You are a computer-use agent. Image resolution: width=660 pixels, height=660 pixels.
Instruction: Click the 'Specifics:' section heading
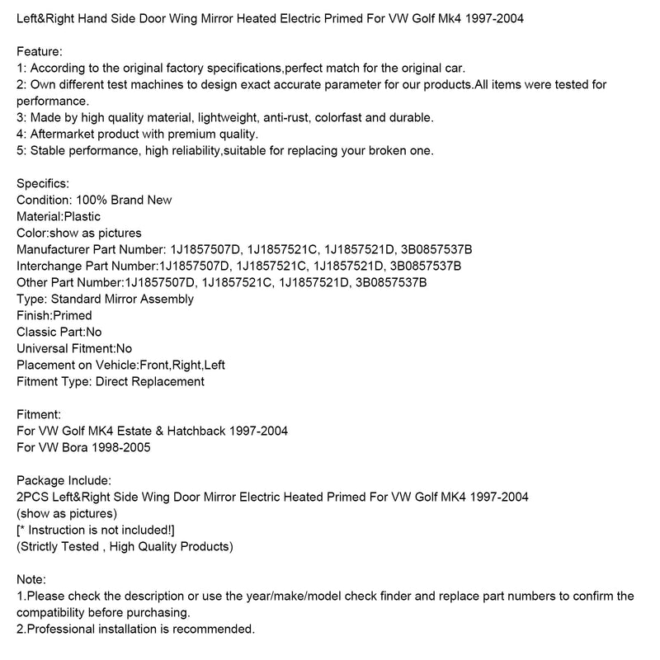point(43,183)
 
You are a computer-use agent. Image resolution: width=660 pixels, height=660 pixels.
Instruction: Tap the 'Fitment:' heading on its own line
point(39,414)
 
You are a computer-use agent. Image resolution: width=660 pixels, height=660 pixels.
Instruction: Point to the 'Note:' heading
point(31,579)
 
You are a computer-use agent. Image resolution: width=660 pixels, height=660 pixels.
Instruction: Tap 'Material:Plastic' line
point(59,216)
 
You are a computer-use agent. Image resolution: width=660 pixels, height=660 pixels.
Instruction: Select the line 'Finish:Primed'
point(54,315)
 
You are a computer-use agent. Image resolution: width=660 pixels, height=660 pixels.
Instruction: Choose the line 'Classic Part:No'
point(59,332)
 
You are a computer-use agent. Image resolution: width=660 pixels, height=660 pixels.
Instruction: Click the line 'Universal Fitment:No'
point(74,348)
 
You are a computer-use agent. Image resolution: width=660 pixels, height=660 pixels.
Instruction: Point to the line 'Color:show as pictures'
point(79,233)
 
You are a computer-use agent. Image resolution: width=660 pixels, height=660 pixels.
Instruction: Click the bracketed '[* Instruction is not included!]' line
point(96,530)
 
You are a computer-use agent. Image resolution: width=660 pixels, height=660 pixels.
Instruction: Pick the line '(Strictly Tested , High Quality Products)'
point(125,546)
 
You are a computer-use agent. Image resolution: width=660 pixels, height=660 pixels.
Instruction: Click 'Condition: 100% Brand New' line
point(94,200)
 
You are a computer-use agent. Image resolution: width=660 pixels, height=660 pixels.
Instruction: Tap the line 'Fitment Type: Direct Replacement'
point(111,381)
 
